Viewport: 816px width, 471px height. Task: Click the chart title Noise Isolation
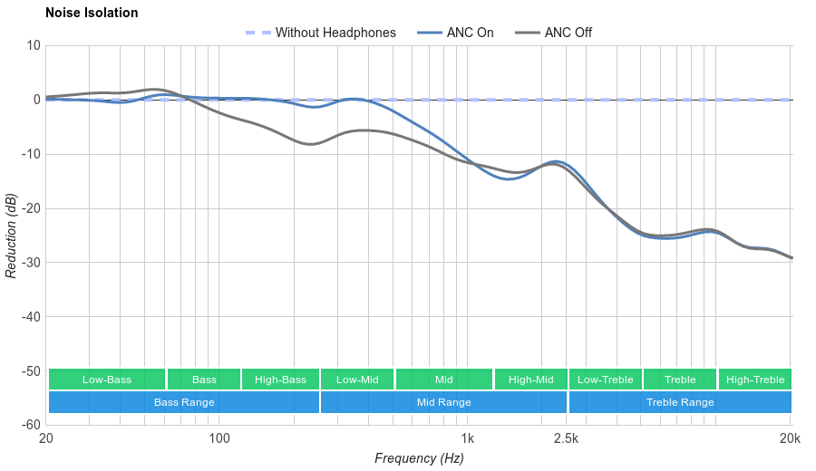(x=92, y=14)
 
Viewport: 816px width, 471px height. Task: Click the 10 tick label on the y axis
(x=34, y=45)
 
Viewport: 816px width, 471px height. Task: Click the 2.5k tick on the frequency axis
(x=566, y=438)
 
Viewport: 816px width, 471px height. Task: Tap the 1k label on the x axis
(x=468, y=438)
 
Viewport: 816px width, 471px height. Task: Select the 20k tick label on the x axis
(x=790, y=438)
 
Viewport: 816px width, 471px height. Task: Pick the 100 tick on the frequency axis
(x=219, y=438)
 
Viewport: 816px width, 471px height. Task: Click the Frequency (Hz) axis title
(x=419, y=458)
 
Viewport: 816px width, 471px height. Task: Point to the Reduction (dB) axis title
(x=11, y=235)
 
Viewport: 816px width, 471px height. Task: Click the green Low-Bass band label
(x=107, y=380)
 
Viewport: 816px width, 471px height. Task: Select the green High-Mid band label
(x=530, y=380)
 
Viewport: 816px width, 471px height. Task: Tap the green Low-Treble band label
(x=606, y=380)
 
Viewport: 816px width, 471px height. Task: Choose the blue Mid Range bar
(x=443, y=402)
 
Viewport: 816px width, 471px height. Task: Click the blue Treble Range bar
(x=680, y=402)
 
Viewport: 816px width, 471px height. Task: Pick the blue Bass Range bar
(x=184, y=402)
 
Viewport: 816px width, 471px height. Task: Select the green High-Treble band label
(x=755, y=380)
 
